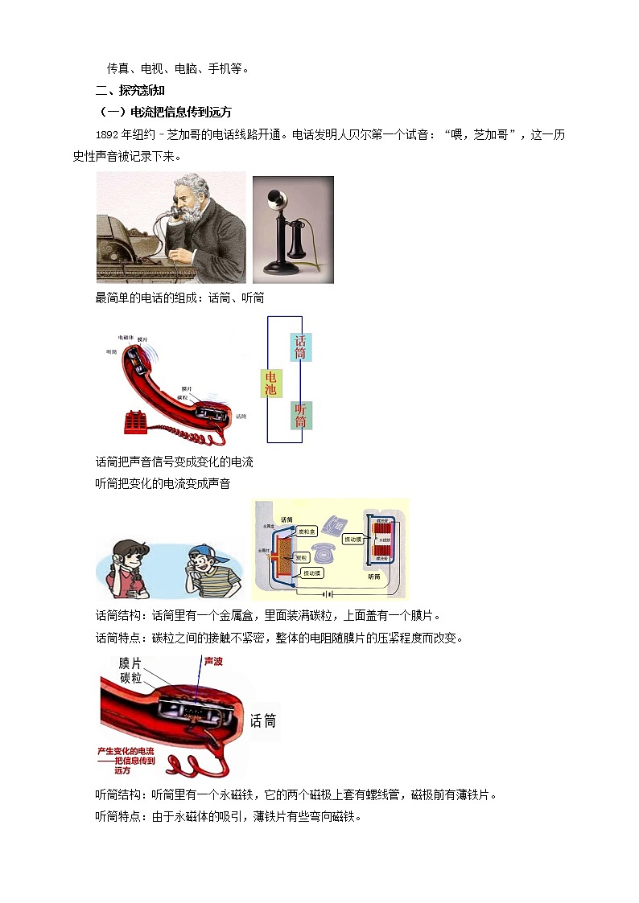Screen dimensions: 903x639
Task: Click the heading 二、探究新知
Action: [x=130, y=91]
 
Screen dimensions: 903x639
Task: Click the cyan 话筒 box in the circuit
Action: [x=300, y=347]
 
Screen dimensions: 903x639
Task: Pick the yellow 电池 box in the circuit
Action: [x=270, y=384]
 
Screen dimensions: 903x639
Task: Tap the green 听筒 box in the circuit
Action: [x=300, y=415]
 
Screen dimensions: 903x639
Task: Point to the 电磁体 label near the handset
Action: [x=126, y=338]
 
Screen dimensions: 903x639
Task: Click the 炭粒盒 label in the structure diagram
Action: [x=306, y=532]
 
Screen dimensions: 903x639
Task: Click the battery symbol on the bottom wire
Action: [x=324, y=594]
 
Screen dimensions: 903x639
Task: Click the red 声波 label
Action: [x=213, y=660]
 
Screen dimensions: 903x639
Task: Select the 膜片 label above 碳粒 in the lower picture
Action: [x=130, y=663]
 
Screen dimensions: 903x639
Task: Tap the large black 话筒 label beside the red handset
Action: [x=263, y=720]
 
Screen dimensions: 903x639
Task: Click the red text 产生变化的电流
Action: [x=126, y=751]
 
